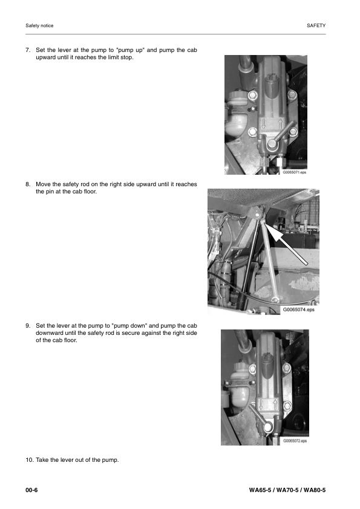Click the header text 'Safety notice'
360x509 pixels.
[39, 26]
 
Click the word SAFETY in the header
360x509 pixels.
[316, 26]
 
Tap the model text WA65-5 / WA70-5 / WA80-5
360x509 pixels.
[287, 489]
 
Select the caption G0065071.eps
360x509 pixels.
[295, 172]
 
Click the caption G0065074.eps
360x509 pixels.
[299, 310]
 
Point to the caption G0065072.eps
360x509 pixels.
[295, 441]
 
